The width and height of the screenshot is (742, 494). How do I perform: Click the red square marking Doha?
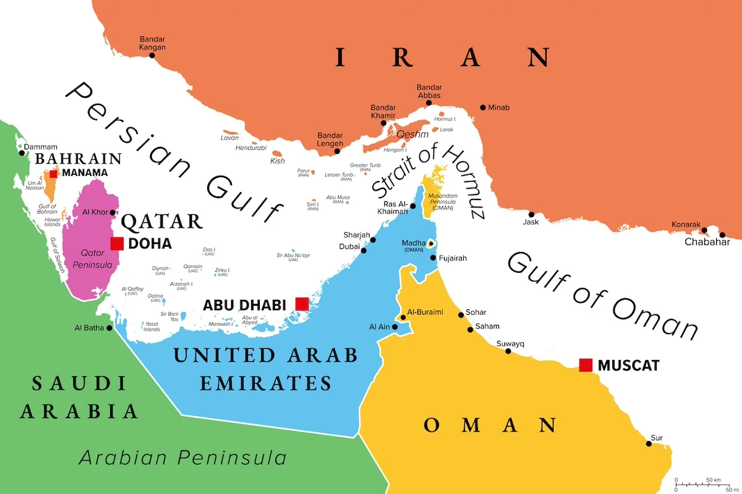[117, 243]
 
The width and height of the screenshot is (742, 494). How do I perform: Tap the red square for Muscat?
[586, 365]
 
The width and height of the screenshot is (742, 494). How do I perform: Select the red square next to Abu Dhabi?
[302, 304]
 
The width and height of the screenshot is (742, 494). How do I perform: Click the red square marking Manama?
[54, 174]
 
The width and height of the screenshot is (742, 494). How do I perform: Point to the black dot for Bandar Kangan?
[152, 56]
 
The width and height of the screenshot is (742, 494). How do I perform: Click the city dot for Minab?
[483, 107]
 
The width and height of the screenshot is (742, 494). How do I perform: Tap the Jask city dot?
[531, 214]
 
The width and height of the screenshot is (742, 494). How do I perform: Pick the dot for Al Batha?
[109, 328]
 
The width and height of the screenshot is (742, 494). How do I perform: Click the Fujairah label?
[453, 258]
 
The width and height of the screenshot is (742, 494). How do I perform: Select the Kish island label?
[278, 161]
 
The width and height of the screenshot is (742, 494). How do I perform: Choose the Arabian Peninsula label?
[182, 458]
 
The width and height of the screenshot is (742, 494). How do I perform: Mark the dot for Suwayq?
[508, 351]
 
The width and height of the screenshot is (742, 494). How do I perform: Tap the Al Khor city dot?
[112, 212]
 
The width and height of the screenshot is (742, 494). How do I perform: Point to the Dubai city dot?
[364, 250]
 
